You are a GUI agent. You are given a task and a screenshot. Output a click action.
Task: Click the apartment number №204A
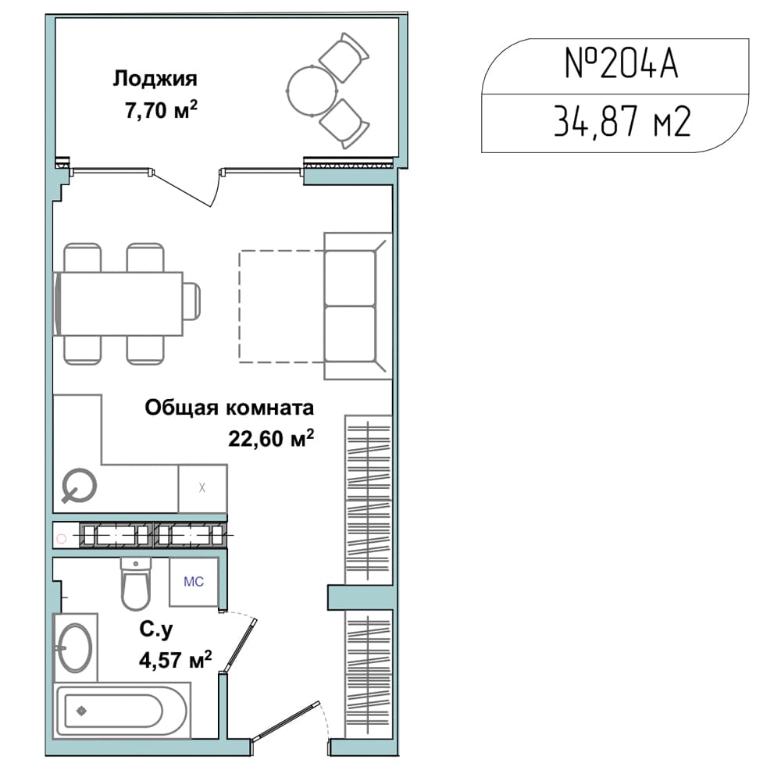click(x=621, y=64)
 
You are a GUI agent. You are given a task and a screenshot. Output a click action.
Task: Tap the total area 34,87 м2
click(x=622, y=122)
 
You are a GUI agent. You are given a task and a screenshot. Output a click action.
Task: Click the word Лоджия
click(x=155, y=80)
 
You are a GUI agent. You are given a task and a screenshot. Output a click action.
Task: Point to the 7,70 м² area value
click(x=161, y=109)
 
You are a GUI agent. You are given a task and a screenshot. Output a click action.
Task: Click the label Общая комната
click(x=230, y=408)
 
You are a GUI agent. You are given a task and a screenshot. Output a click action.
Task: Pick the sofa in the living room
click(x=358, y=306)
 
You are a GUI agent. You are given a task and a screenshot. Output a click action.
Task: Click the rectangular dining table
click(x=118, y=304)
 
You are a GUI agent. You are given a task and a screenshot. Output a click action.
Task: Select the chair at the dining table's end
click(x=192, y=301)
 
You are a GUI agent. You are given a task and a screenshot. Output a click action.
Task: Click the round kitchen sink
click(x=79, y=486)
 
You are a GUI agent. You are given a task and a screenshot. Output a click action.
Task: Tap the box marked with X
click(x=203, y=488)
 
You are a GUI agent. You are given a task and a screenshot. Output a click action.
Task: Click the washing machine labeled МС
click(x=194, y=582)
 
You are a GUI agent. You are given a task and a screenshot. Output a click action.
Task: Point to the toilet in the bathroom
click(x=135, y=583)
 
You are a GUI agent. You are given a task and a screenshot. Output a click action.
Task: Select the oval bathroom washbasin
click(x=75, y=648)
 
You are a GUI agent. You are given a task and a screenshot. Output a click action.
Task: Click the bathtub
click(x=122, y=710)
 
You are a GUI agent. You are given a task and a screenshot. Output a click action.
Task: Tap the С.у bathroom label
click(x=156, y=630)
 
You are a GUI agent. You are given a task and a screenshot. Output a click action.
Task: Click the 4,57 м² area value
click(x=175, y=660)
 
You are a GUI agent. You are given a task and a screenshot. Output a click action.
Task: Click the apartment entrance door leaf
click(x=286, y=720)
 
